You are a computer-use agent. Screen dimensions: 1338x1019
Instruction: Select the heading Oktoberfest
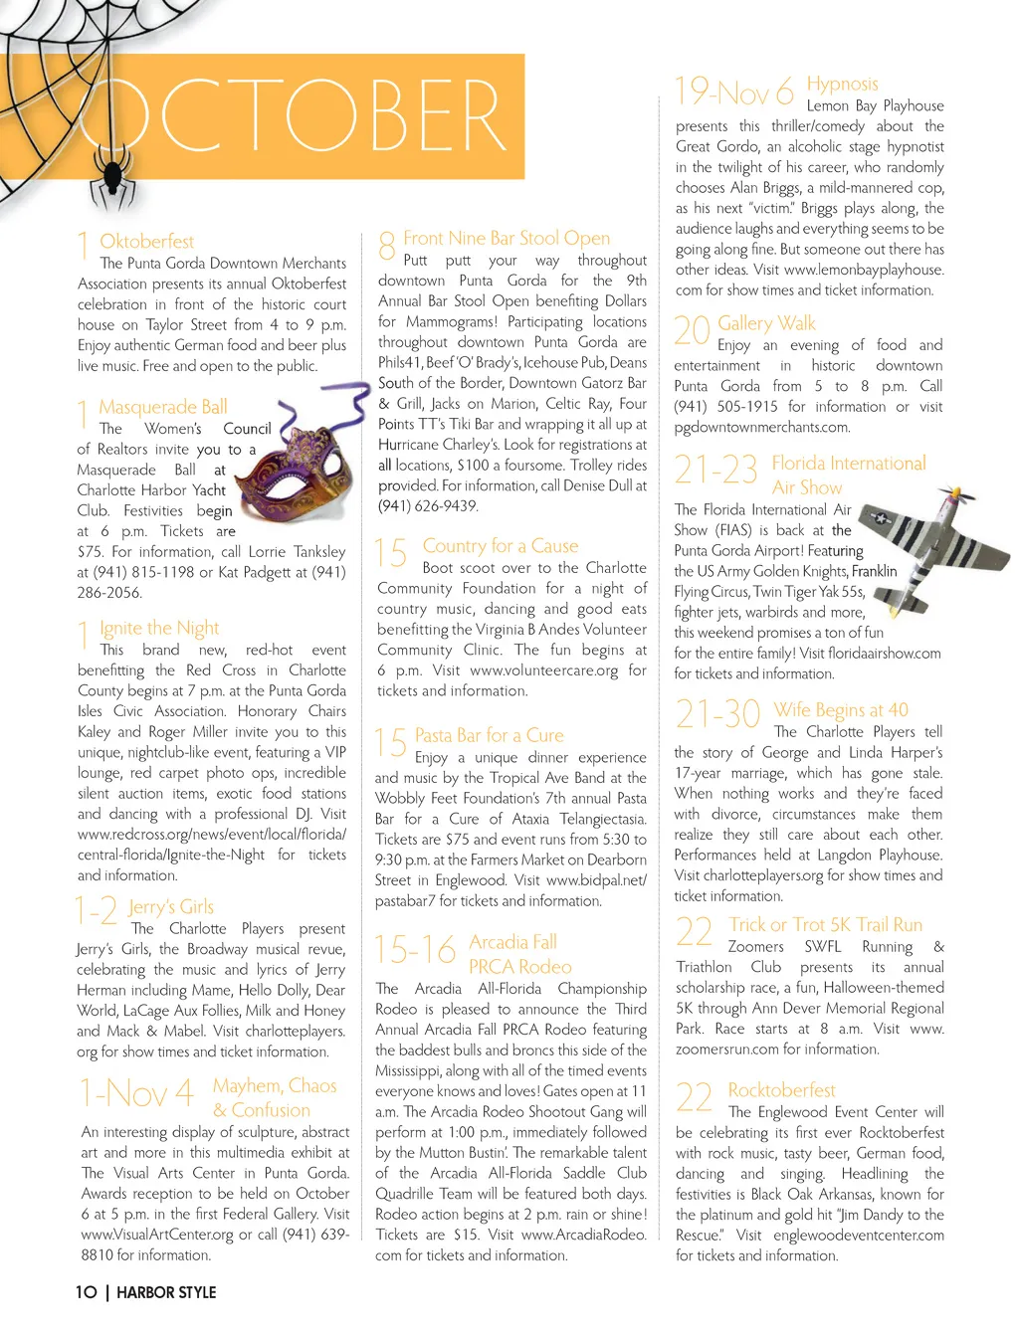pyautogui.click(x=146, y=241)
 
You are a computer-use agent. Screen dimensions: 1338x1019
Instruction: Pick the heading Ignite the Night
pyautogui.click(x=159, y=628)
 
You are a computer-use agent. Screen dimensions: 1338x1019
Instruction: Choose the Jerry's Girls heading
pyautogui.click(x=170, y=906)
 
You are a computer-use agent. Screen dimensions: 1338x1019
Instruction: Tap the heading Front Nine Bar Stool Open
pyautogui.click(x=507, y=238)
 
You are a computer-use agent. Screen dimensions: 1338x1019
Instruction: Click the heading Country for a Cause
pyautogui.click(x=500, y=545)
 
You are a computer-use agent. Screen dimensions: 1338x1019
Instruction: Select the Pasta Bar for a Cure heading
pyautogui.click(x=489, y=735)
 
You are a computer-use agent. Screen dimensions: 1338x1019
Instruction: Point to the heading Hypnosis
pyautogui.click(x=842, y=84)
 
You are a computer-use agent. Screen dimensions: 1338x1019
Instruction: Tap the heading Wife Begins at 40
pyautogui.click(x=841, y=709)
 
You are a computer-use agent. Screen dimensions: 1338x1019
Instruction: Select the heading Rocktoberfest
pyautogui.click(x=781, y=1090)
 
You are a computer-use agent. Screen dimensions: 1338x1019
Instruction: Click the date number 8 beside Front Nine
pyautogui.click(x=387, y=245)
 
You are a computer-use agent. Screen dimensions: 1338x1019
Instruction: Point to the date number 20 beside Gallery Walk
pyautogui.click(x=692, y=330)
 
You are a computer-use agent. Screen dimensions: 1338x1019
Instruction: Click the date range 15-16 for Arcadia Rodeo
pyautogui.click(x=415, y=950)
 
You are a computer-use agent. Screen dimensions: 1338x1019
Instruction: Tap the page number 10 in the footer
pyautogui.click(x=87, y=1292)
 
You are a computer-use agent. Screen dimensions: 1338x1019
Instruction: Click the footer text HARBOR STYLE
pyautogui.click(x=166, y=1292)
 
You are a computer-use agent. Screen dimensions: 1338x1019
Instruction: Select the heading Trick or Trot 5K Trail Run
pyautogui.click(x=825, y=924)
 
